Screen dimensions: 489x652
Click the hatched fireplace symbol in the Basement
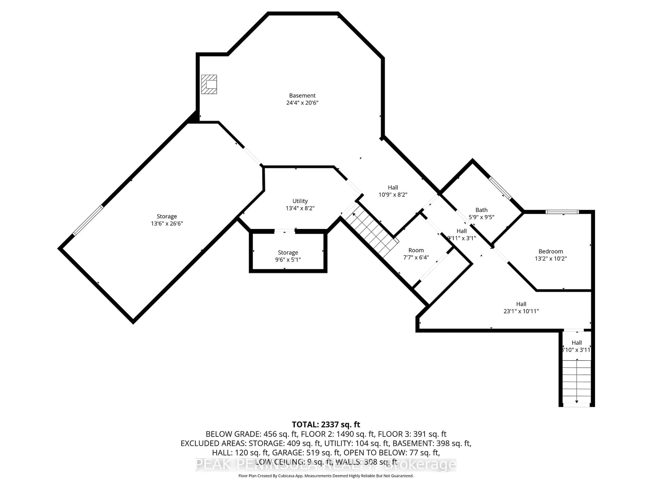pos(209,84)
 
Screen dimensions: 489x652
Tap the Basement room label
pos(302,95)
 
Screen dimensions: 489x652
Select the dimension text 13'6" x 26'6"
pos(167,223)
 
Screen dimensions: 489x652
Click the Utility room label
pos(300,201)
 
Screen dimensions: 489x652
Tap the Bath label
pos(481,210)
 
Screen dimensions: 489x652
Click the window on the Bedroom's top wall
pos(562,212)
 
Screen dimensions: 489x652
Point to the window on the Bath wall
pos(500,188)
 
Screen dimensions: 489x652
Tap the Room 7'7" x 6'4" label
pos(416,250)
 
